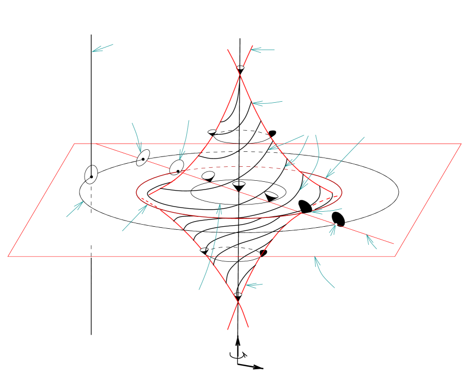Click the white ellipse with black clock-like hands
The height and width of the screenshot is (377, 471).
coord(91,175)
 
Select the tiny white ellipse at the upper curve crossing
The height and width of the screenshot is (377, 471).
coord(240,68)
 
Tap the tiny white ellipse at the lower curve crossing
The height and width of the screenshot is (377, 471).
coord(238,294)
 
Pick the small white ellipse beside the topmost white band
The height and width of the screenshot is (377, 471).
coord(212,132)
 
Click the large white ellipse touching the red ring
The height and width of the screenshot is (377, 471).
coord(177,167)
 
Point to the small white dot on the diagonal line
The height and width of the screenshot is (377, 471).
coord(336,224)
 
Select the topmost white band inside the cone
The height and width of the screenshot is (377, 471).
coord(241,136)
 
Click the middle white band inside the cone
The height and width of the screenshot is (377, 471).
coord(241,153)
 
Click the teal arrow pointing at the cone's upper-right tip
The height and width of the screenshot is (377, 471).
coord(263,50)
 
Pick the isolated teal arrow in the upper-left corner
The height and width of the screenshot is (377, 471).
coord(102,48)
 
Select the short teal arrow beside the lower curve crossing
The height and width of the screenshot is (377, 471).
coord(254,285)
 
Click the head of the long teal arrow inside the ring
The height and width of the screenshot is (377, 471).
coord(219,206)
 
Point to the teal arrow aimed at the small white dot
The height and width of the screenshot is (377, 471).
coord(333,230)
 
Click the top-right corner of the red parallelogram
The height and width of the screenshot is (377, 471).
coord(461,144)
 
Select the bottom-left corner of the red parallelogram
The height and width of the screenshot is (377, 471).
coord(8,256)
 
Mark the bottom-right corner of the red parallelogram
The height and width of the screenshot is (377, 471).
coord(395,256)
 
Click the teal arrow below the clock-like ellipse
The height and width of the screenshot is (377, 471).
coord(75,209)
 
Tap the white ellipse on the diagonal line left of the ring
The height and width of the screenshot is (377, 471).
coord(143,158)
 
